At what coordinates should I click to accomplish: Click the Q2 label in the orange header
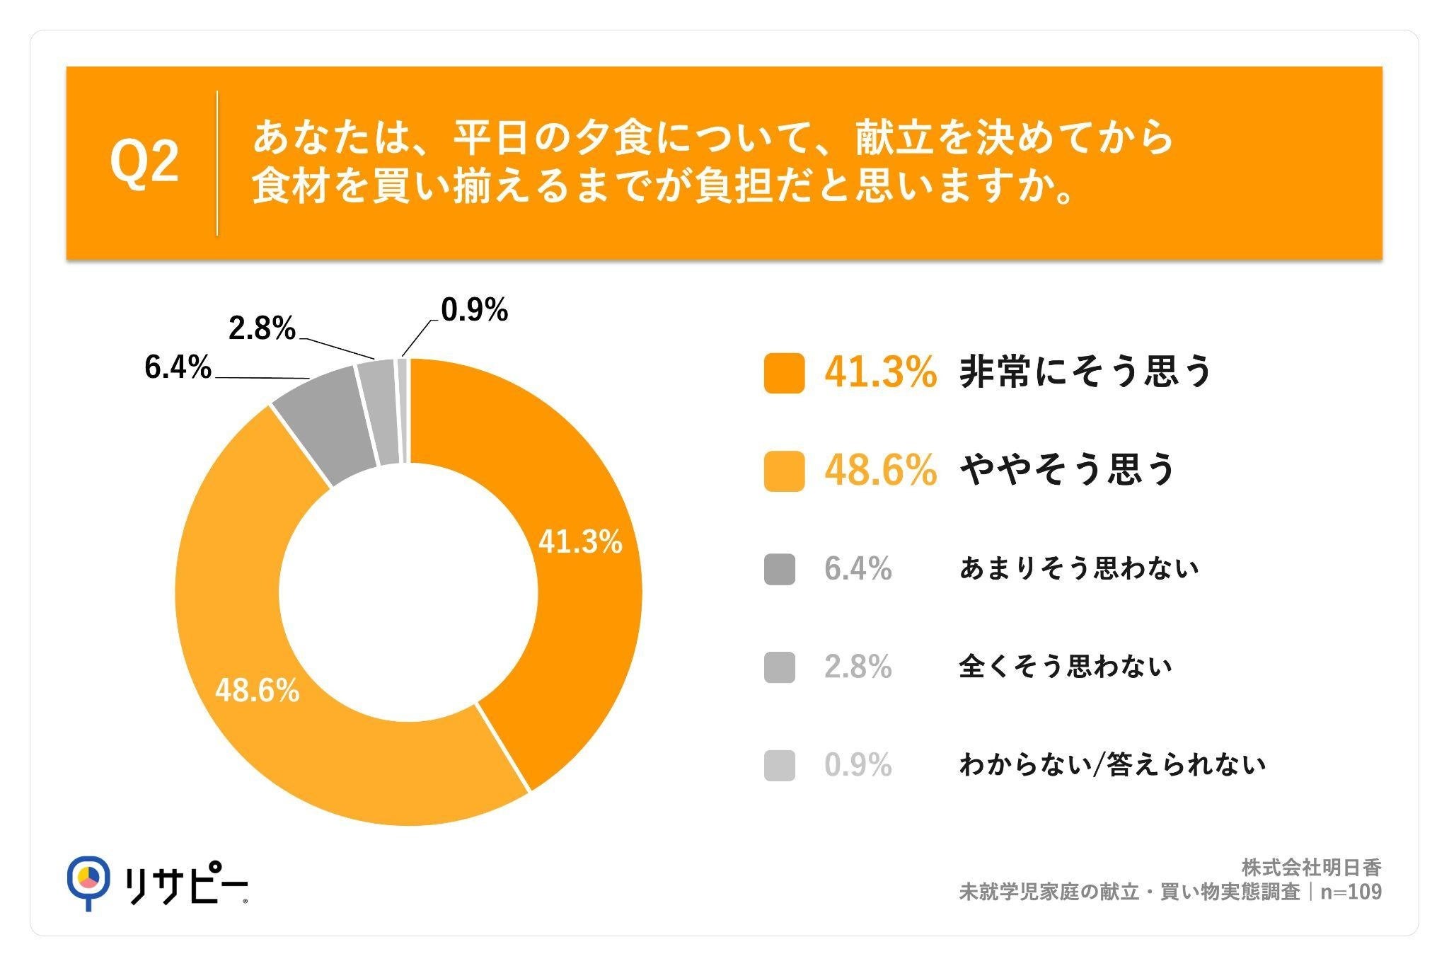point(144,162)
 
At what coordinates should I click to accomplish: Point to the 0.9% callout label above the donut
point(474,310)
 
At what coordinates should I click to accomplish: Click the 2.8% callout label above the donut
point(262,328)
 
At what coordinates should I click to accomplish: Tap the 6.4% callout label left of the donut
point(178,367)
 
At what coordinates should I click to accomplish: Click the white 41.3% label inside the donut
point(580,542)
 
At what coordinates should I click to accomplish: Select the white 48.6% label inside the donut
point(258,691)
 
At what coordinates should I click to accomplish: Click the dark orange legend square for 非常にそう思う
point(784,373)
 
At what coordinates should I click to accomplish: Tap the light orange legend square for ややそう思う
point(784,471)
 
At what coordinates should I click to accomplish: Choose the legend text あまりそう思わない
point(1079,569)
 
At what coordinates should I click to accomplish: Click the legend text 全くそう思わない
point(1066,667)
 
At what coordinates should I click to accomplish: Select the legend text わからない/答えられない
point(1112,765)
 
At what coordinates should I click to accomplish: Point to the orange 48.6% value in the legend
point(881,471)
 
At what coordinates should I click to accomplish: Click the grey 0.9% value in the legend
point(858,765)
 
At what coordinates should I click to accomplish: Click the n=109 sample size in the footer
point(1351,892)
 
